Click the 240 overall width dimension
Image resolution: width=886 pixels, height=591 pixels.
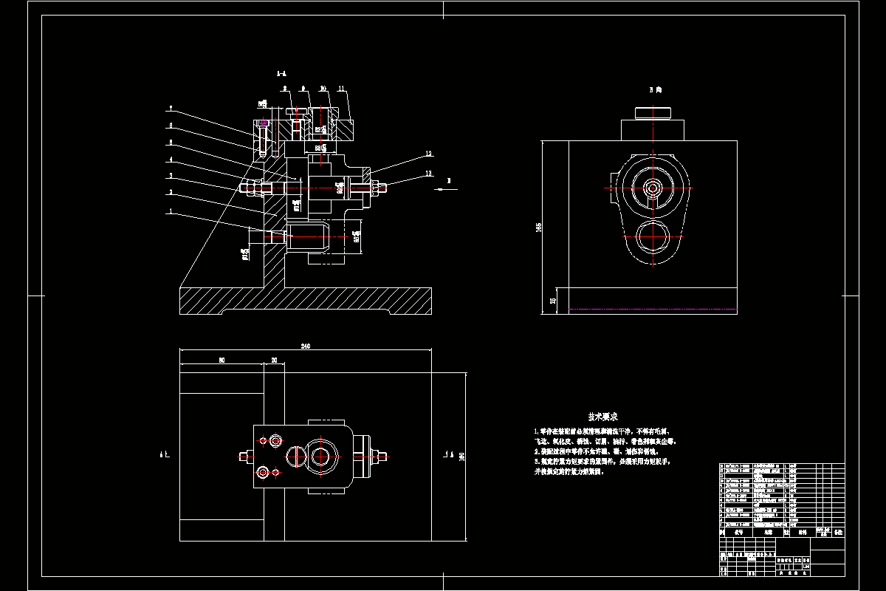[305, 346]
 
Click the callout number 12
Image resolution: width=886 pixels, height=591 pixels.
[427, 154]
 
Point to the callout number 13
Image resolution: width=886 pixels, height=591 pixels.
[428, 174]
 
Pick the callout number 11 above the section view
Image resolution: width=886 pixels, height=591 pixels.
[341, 89]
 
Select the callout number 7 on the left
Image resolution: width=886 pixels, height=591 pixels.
[171, 109]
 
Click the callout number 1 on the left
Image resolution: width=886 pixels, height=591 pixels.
[171, 211]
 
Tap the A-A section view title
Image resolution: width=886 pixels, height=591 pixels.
[281, 74]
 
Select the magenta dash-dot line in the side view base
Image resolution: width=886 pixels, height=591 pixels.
[653, 309]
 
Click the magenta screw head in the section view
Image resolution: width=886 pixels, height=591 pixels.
[263, 123]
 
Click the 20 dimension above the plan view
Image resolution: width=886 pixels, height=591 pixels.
[274, 361]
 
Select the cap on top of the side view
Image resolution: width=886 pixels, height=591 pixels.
[653, 113]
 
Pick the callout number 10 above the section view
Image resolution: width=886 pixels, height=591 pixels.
[323, 89]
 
